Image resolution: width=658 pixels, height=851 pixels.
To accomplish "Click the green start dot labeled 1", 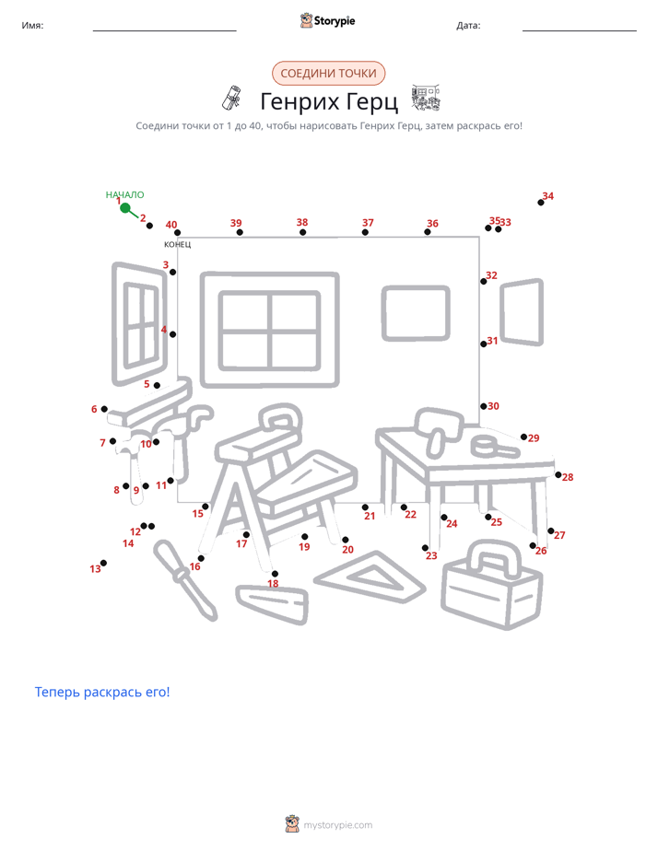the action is (x=124, y=208).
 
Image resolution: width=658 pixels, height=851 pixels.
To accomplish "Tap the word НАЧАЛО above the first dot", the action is (x=124, y=195).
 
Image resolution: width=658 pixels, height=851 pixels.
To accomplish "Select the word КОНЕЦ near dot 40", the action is (x=178, y=244).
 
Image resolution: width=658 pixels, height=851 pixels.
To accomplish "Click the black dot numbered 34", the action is (x=541, y=203).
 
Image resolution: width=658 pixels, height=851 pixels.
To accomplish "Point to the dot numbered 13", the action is (x=104, y=563).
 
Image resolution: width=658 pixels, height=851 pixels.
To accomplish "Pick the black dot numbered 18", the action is (x=275, y=574).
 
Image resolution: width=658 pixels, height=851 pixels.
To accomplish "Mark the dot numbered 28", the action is (x=558, y=475).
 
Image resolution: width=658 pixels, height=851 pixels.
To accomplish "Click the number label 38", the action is (x=302, y=222).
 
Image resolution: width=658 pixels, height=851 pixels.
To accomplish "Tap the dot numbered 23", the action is (x=425, y=548).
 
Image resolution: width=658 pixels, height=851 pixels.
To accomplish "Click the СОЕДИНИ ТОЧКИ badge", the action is (x=328, y=74).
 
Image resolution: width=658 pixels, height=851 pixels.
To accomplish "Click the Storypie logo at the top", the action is (x=327, y=20).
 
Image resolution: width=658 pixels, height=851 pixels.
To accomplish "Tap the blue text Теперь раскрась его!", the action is (x=102, y=692).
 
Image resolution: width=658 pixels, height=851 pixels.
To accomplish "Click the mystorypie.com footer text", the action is (x=337, y=825).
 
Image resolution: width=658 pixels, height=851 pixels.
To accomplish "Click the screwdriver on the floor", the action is (x=184, y=580).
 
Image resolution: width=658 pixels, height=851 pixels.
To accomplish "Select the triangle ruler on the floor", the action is (x=370, y=577).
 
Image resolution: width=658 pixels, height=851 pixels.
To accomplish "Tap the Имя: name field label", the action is (x=32, y=26).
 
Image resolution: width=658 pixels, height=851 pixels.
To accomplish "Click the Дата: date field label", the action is (x=468, y=26).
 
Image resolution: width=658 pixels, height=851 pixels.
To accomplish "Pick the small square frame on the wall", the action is (x=416, y=313).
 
